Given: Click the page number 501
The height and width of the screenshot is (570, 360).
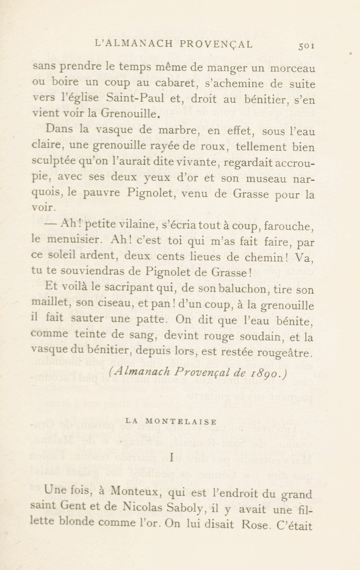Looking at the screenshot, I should pyautogui.click(x=306, y=46).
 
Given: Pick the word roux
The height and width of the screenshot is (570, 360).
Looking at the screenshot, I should pyautogui.click(x=212, y=147).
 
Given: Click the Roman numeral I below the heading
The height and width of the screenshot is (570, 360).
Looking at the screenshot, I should pyautogui.click(x=171, y=458).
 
